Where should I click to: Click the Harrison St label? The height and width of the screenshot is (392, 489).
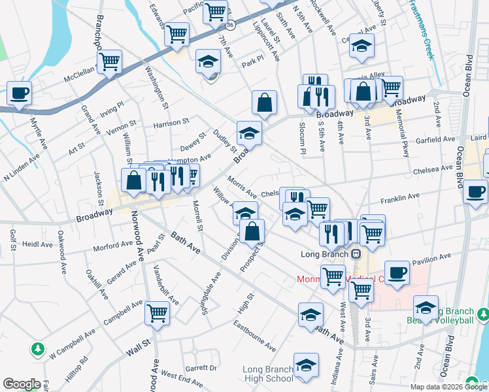(x=171, y=122)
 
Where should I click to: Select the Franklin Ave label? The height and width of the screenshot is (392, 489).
(x=403, y=197)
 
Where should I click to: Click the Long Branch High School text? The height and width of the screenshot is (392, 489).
(x=268, y=374)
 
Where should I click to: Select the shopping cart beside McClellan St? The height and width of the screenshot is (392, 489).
(x=110, y=61)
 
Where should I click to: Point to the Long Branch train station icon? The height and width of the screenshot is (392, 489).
(x=356, y=254)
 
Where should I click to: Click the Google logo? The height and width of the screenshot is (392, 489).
(x=22, y=384)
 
